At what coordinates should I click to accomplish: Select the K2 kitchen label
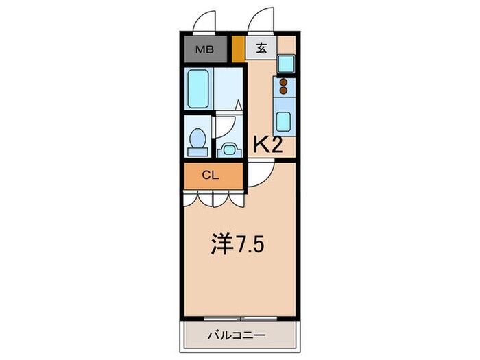coord(269,145)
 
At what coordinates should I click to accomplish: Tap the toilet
coord(197,139)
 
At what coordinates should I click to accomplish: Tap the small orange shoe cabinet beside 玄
coord(238,49)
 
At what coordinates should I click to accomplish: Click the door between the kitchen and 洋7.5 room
coord(261,173)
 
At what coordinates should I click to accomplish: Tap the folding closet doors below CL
coord(213,197)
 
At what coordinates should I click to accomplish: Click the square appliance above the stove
coord(285,64)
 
